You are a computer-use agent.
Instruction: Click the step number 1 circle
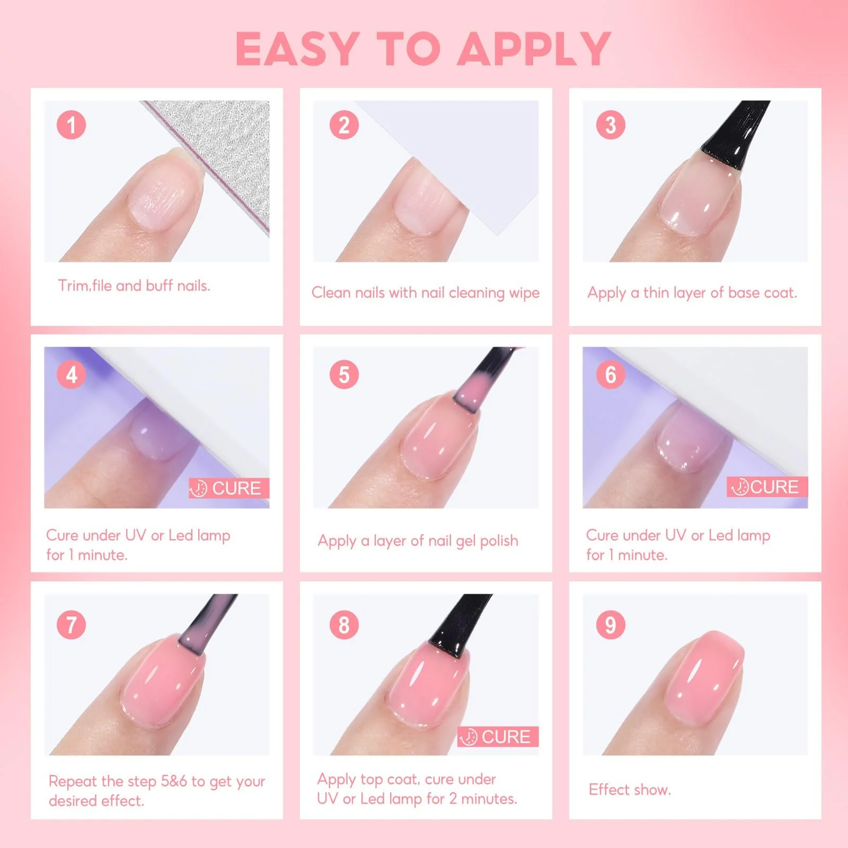(x=71, y=125)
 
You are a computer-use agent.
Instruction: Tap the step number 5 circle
(x=344, y=374)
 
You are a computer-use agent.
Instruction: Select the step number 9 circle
(x=611, y=624)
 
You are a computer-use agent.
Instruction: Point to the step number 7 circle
(x=71, y=624)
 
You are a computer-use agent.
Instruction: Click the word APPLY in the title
(x=534, y=49)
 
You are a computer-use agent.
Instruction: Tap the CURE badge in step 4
(x=229, y=488)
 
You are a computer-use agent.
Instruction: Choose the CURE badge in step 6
(x=767, y=487)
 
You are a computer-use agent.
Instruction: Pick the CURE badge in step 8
(x=498, y=737)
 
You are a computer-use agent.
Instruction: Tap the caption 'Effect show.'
(x=630, y=790)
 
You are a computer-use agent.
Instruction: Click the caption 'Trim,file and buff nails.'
(x=134, y=286)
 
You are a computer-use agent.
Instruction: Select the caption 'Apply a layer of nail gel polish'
(x=418, y=541)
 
